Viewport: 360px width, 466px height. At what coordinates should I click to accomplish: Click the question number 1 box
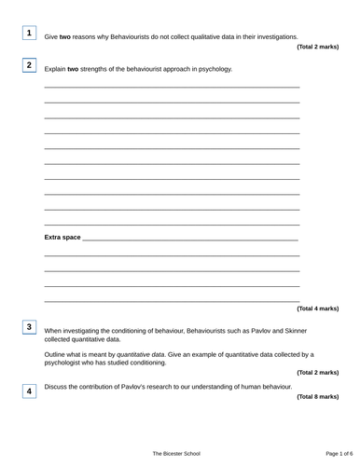(x=30, y=34)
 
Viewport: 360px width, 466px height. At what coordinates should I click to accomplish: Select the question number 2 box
(x=30, y=65)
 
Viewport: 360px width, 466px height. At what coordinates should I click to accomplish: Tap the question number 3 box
(x=30, y=327)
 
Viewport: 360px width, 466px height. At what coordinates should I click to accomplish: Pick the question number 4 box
(x=30, y=391)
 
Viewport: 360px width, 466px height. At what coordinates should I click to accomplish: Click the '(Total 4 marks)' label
(x=317, y=308)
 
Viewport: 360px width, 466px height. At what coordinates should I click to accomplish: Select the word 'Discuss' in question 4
(x=56, y=386)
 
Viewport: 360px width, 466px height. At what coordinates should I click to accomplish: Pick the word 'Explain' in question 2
(x=55, y=69)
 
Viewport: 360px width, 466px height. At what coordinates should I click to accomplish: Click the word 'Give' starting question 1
(x=52, y=36)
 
